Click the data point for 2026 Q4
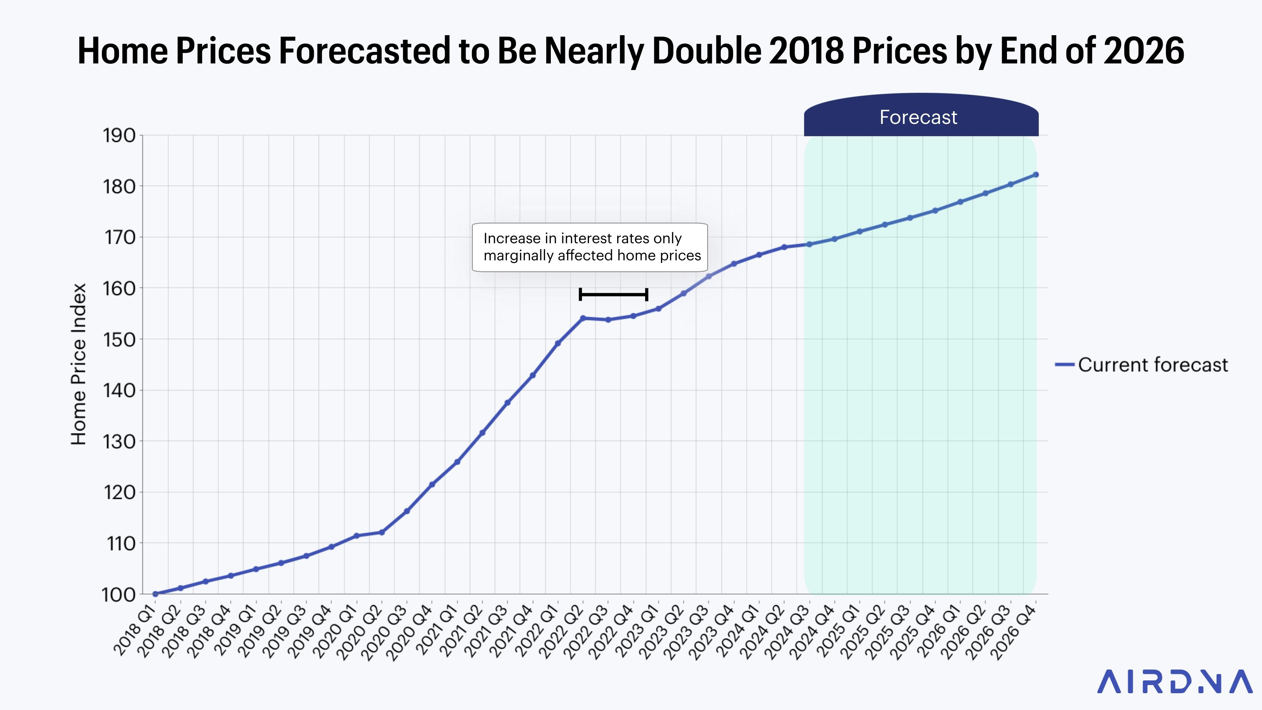[1036, 175]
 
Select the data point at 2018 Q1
[155, 594]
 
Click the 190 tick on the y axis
[119, 136]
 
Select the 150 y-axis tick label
[119, 340]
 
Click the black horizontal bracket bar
[613, 295]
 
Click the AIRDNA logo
[1174, 682]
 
